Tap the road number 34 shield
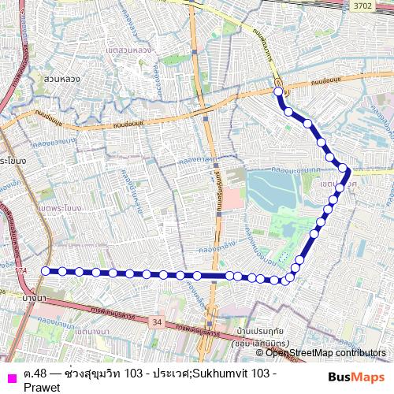tap(158, 322)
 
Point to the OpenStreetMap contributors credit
tap(325, 353)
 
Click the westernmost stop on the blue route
tap(45, 270)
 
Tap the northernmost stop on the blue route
tap(278, 92)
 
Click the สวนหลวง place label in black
tap(58, 79)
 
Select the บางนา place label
tap(37, 299)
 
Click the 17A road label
tap(20, 270)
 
